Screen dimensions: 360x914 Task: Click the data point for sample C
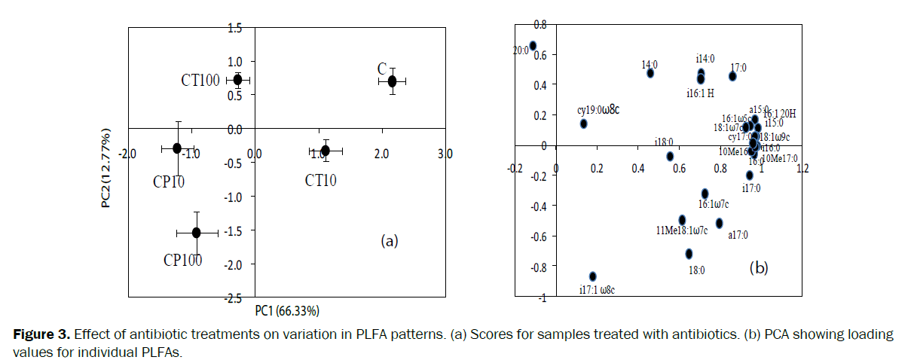pos(393,81)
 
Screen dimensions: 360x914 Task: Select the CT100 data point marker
pos(237,79)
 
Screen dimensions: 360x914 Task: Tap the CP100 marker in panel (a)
pos(196,233)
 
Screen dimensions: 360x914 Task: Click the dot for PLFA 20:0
pos(533,46)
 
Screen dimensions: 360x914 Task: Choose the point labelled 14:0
pos(650,73)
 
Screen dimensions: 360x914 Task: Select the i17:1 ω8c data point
pos(593,276)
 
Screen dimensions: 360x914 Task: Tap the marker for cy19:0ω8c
pos(583,124)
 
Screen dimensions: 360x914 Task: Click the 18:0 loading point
pos(689,254)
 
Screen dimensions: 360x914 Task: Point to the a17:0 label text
pos(738,235)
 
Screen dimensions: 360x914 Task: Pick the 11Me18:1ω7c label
pos(682,230)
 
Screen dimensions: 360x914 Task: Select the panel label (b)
pos(758,267)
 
